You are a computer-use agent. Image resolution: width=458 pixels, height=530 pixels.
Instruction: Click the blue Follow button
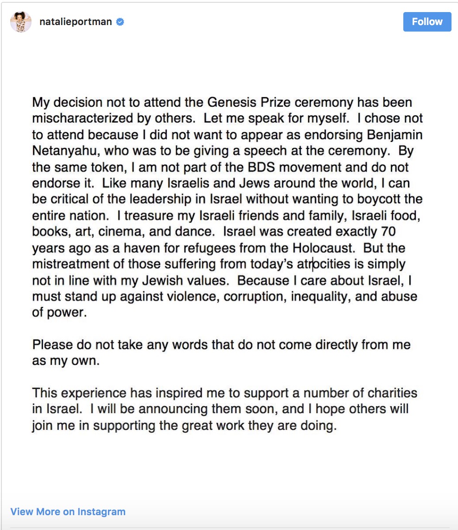427,22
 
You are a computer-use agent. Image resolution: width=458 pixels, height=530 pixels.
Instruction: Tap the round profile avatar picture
21,22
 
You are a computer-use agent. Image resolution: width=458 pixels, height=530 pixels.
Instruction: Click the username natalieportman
76,22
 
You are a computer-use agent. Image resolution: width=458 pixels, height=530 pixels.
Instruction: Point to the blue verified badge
120,22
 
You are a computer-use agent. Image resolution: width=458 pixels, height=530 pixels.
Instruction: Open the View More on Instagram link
68,512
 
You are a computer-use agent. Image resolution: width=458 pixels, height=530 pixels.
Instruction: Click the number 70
387,232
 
